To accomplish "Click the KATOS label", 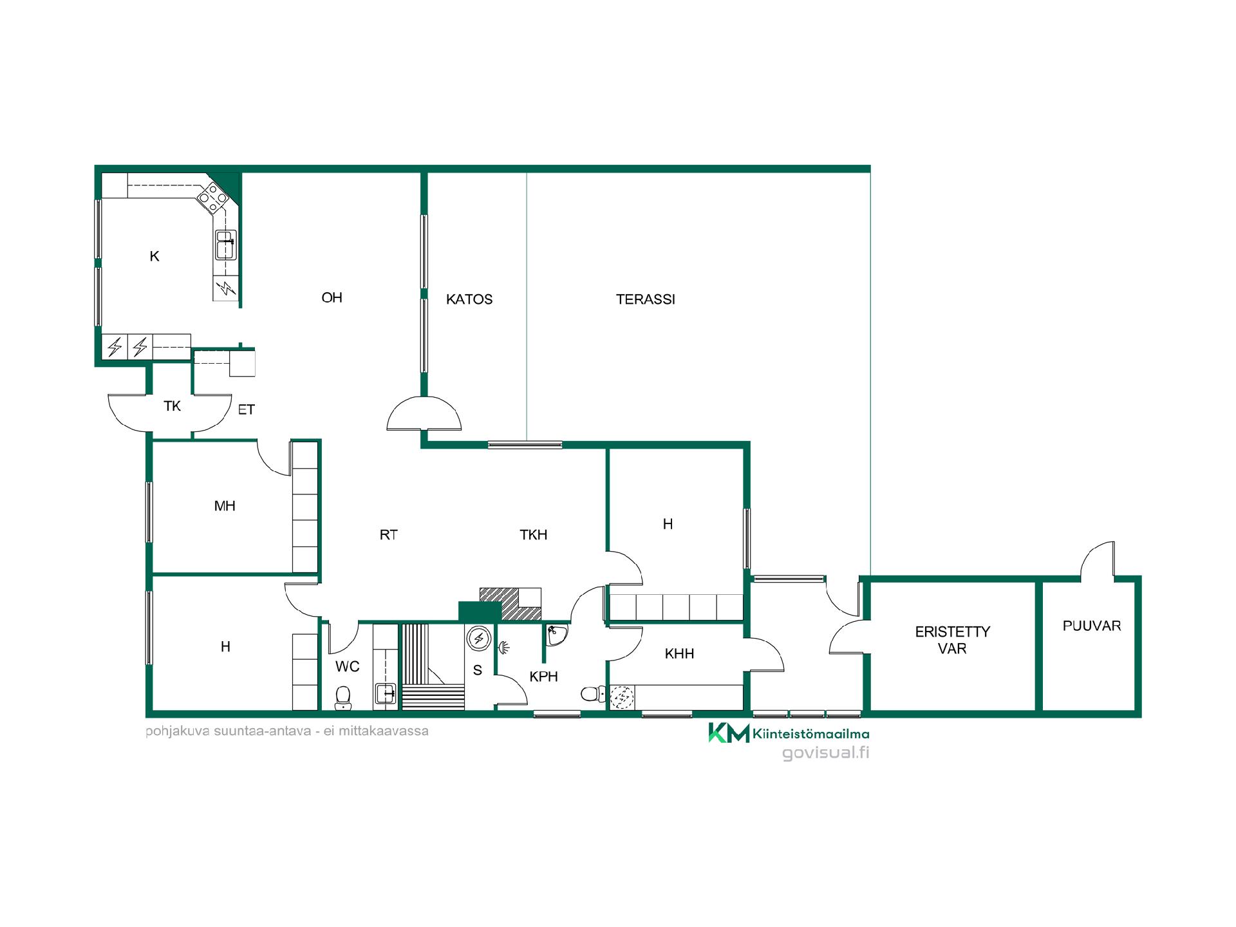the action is (469, 299).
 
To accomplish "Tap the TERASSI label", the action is (646, 299).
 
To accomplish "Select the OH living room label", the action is (332, 297).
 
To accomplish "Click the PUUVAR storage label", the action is (1092, 626).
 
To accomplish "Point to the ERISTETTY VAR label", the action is (953, 640).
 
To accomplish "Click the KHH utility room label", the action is (680, 654).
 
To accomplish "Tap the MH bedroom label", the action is (225, 506).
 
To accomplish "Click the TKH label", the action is (534, 534).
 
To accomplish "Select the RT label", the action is (389, 534).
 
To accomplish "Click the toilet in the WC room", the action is (343, 697).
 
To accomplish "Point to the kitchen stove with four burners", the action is (212, 194).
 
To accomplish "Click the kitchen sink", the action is (225, 245).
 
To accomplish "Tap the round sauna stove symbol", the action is (479, 638).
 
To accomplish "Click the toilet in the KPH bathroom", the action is (593, 694).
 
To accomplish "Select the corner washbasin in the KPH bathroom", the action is (556, 634).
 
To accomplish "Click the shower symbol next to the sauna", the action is (504, 646).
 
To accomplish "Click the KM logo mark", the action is (729, 733).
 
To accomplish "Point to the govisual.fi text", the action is (826, 753).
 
